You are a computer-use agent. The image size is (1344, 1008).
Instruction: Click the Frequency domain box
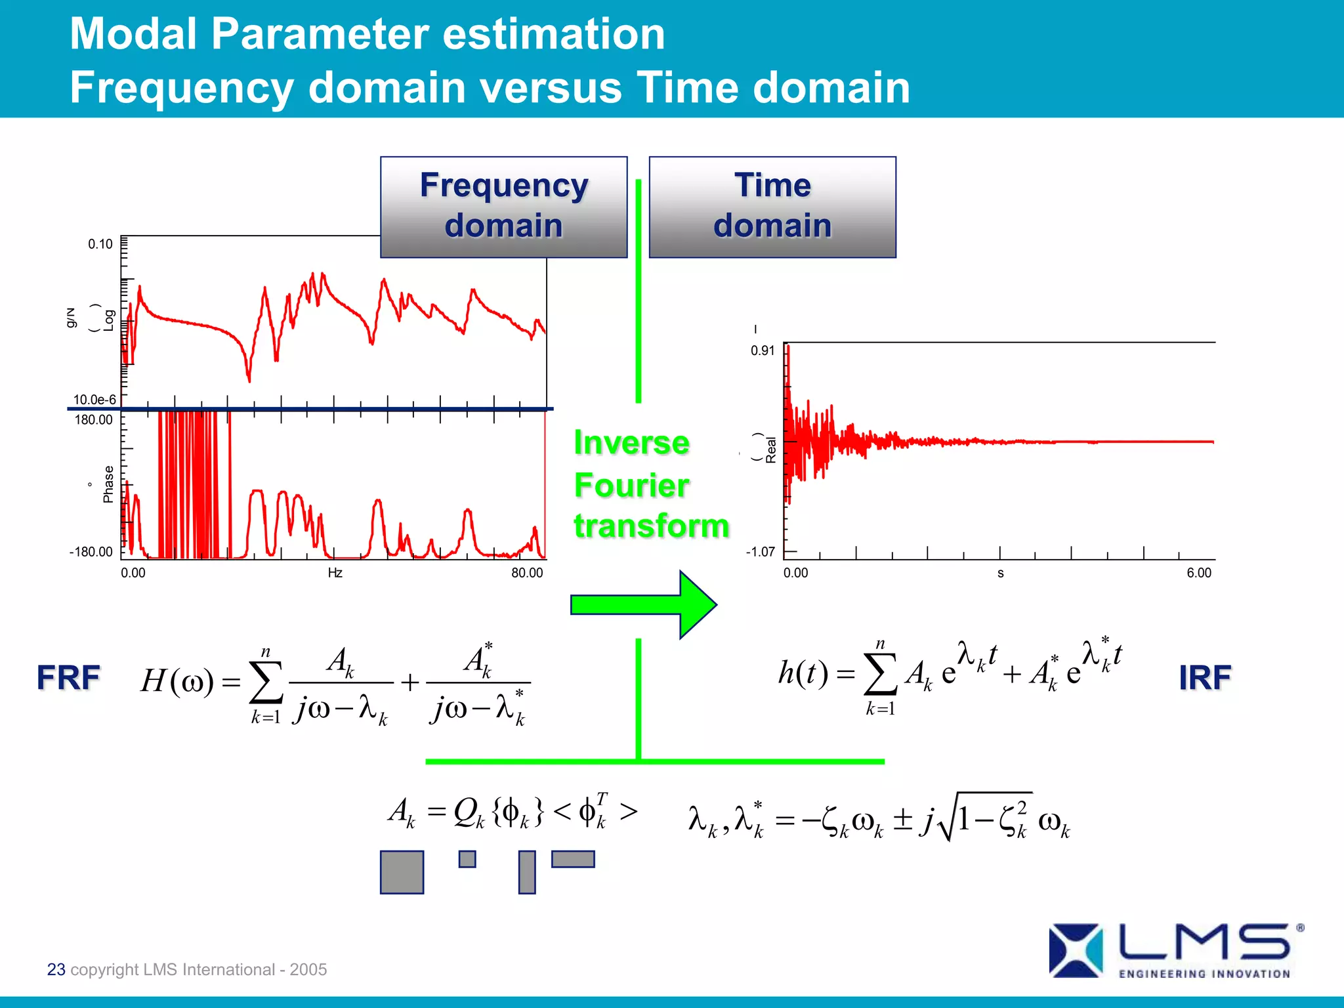pos(503,206)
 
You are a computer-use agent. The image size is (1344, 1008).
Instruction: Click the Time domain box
pos(772,206)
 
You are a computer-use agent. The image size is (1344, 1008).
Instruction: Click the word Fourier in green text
pos(631,486)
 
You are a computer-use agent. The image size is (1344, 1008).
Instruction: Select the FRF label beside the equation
pos(68,677)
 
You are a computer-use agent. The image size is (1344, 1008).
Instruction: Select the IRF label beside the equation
pos(1204,678)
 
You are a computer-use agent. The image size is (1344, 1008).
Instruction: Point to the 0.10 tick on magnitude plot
pos(100,244)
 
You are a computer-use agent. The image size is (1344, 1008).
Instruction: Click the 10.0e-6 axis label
pos(94,399)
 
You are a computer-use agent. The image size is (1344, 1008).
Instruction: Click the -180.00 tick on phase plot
pos(91,551)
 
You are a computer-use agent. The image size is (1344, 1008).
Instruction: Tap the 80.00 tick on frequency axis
pos(527,572)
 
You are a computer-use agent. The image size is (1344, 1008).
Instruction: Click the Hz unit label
pos(335,573)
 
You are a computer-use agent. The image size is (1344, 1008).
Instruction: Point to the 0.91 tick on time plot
pos(763,350)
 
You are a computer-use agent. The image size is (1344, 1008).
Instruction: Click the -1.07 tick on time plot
pos(760,551)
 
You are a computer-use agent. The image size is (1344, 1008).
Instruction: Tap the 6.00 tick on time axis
pos(1198,572)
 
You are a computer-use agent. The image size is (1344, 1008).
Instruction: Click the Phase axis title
pos(108,484)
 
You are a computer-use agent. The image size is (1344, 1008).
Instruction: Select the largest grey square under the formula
pos(402,872)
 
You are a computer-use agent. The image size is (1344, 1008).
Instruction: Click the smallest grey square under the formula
pos(467,858)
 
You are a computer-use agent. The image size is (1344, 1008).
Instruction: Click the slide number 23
pos(56,969)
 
